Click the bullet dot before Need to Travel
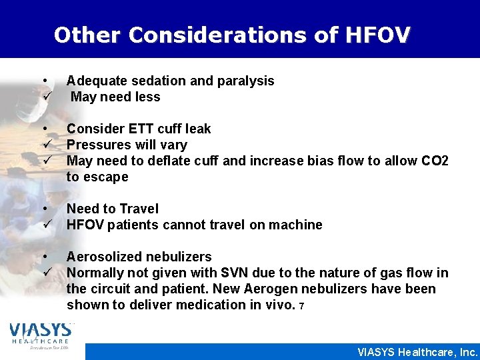(44, 208)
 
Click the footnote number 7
(301, 306)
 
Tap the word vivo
(279, 305)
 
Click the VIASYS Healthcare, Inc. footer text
(417, 352)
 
